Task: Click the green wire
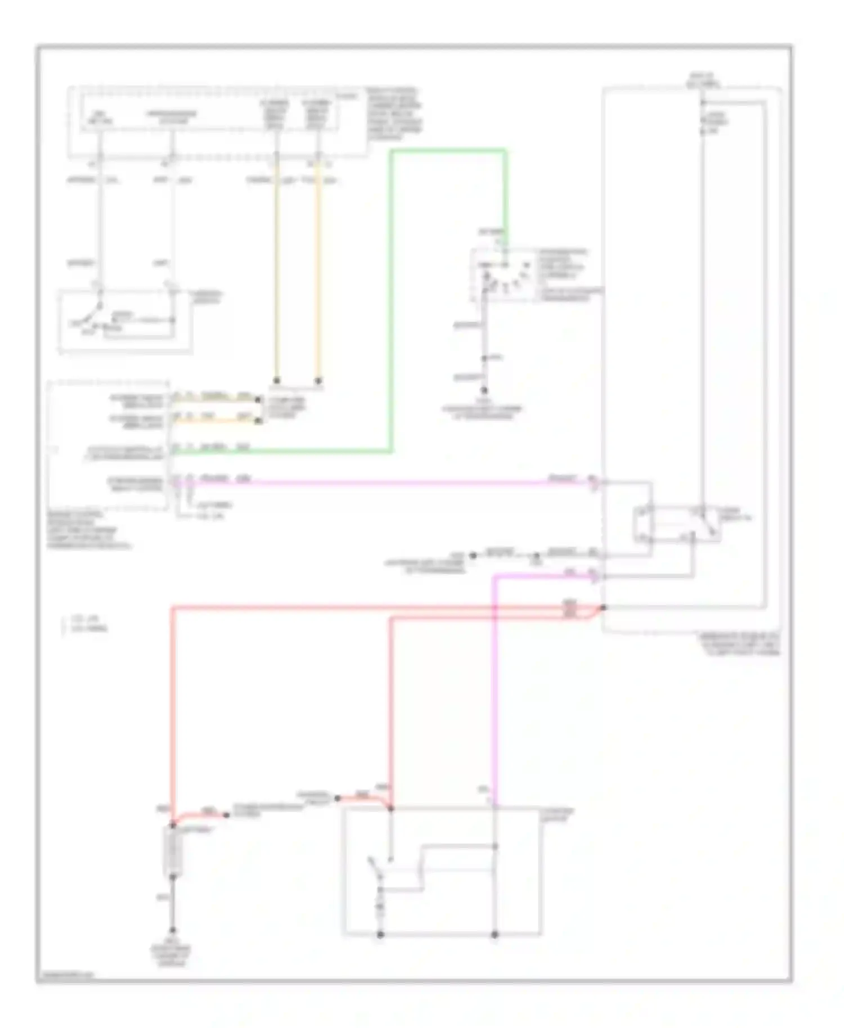(392, 304)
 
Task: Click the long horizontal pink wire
(394, 482)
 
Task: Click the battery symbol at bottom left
(173, 851)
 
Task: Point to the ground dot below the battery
(173, 931)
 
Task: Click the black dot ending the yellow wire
(276, 380)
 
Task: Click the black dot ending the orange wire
(318, 381)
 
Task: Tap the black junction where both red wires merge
(603, 607)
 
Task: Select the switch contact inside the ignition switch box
(93, 318)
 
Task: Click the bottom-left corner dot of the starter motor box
(380, 935)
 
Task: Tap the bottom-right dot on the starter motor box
(495, 935)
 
